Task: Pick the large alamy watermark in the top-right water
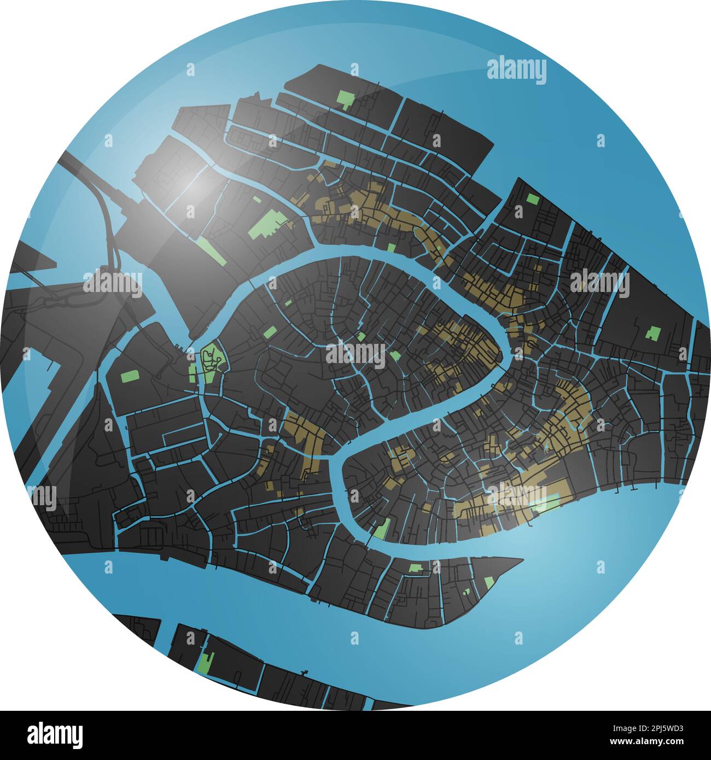pos(516,71)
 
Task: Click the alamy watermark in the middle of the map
pos(355,353)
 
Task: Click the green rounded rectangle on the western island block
pos(129,376)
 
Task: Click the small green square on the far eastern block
pos(653,332)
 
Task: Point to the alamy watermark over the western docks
pos(113,283)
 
